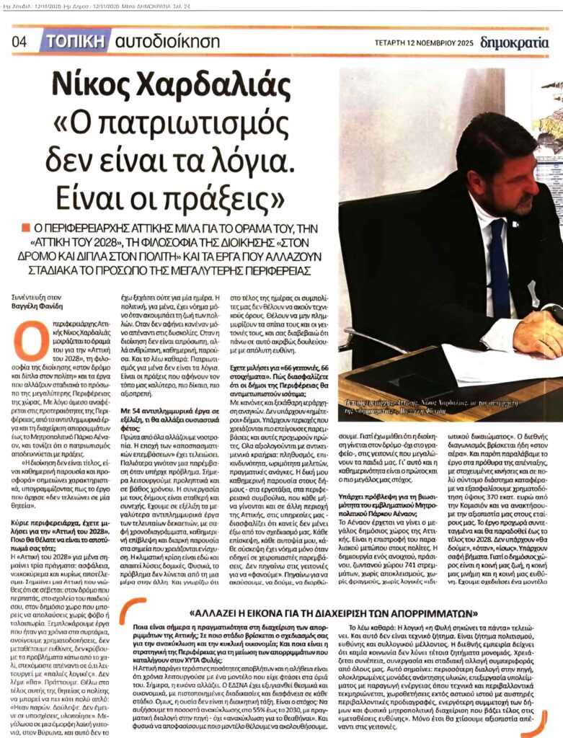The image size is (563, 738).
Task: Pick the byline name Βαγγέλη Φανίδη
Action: (x=37, y=306)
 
